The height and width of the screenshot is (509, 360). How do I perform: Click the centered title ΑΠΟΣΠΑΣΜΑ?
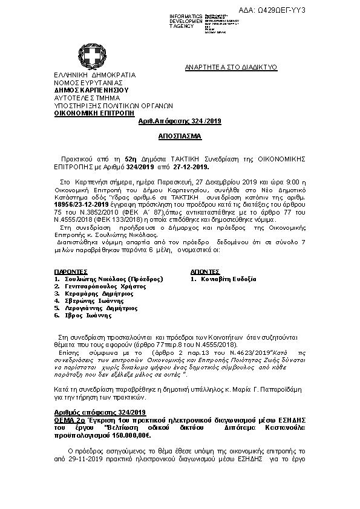click(180, 137)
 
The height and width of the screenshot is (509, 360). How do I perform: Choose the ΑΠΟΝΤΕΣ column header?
click(205, 272)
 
